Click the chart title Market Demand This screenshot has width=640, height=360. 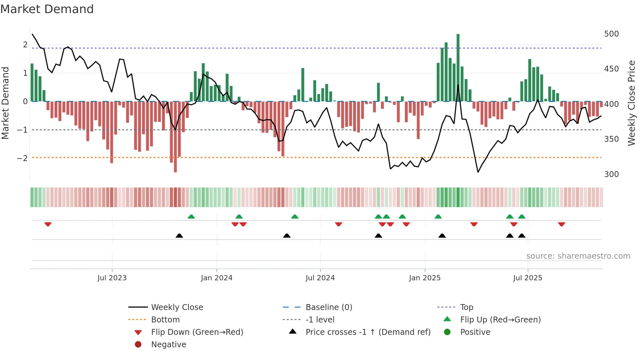47,9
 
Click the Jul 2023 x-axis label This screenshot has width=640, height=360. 112,278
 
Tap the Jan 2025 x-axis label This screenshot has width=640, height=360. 424,278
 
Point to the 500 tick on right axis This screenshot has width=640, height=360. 611,34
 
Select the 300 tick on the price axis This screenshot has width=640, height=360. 611,174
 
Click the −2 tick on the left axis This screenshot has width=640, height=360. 22,158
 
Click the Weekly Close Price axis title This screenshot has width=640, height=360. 632,103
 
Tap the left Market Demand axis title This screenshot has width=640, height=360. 6,103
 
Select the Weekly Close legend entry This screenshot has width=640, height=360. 177,307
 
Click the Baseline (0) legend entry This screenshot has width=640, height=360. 328,307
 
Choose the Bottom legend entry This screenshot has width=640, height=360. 165,320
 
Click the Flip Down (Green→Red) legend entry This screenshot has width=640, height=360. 197,332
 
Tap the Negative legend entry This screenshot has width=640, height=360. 168,345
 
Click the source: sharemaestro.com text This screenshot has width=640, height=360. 578,256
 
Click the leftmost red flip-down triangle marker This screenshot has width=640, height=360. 48,224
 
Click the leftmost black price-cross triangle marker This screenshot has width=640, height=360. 179,236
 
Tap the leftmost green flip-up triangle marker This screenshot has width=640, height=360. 191,217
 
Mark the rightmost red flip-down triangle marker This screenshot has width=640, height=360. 562,224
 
